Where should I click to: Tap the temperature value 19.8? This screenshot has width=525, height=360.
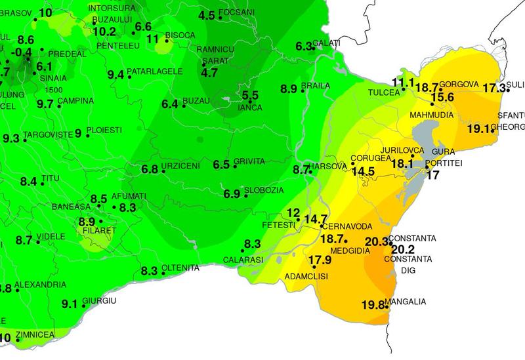coord(372,304)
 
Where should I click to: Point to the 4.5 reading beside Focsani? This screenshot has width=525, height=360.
coord(207,15)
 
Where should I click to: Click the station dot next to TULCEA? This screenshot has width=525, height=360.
coord(404,90)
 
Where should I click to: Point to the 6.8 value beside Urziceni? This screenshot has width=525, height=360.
coord(150,169)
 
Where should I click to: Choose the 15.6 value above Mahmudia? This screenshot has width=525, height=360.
coord(442,97)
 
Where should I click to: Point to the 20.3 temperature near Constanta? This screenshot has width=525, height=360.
coord(377,241)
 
